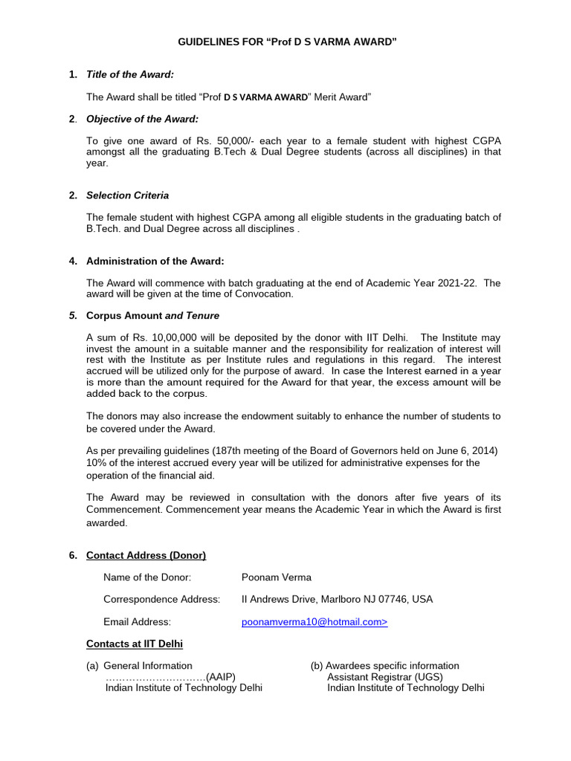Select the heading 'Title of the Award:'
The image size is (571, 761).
(130, 75)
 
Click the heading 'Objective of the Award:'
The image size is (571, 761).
(142, 119)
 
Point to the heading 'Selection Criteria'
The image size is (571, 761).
(127, 195)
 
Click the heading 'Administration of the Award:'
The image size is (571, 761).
(155, 261)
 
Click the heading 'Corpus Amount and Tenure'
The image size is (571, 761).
(152, 315)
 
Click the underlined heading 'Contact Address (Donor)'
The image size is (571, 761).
(146, 555)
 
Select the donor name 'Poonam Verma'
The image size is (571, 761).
(277, 577)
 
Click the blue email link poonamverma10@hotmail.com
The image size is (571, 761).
(314, 621)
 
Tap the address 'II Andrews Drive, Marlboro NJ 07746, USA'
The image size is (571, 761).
(337, 599)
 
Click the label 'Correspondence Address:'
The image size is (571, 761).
(161, 599)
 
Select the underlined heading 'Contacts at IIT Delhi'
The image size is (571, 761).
(135, 643)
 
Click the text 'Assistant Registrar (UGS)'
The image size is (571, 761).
(384, 677)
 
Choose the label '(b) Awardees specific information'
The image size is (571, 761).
(384, 666)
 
